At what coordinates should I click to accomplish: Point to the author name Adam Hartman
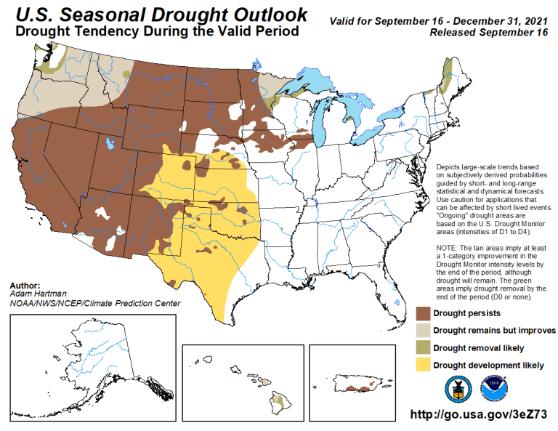pos(36,294)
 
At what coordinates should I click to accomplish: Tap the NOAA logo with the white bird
pos(494,389)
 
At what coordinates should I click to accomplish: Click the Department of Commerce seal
pos(458,389)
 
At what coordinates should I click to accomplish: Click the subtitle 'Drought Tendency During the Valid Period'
pos(157,32)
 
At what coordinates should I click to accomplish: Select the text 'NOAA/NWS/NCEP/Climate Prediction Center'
pos(95,303)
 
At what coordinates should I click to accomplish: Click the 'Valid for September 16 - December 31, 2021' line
pos(442,22)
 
